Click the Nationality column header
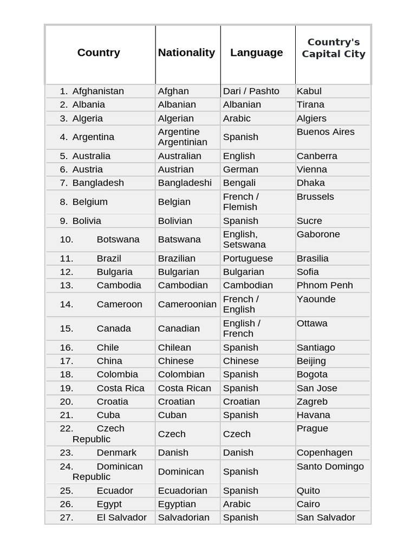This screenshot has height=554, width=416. click(x=186, y=52)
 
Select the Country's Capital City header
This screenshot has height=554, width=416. click(x=333, y=48)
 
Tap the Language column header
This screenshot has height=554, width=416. click(x=256, y=52)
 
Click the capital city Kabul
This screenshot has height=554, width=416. click(x=309, y=91)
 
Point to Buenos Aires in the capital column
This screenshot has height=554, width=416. click(x=326, y=131)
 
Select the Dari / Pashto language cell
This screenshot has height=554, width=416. click(x=251, y=91)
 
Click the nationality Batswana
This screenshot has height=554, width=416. click(x=179, y=239)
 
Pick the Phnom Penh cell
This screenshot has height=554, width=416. click(x=324, y=285)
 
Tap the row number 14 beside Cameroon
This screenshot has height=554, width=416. click(x=67, y=304)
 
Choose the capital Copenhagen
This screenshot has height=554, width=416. click(x=324, y=452)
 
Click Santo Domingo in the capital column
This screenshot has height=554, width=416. click(x=330, y=466)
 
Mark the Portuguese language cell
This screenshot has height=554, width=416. click(x=248, y=258)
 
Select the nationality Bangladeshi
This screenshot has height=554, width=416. click(x=185, y=183)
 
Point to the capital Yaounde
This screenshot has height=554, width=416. click(x=316, y=299)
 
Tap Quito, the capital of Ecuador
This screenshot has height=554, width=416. click(x=308, y=491)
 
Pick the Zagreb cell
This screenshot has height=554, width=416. click(x=312, y=401)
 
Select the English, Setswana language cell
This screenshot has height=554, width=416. click(x=244, y=239)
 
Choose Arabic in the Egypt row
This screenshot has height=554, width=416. click(x=237, y=504)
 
